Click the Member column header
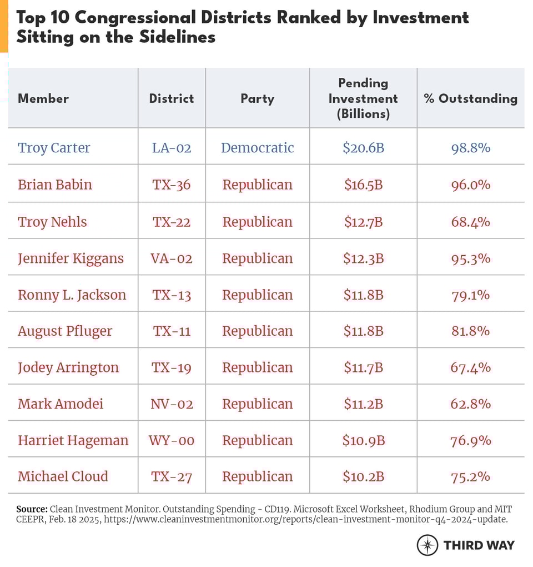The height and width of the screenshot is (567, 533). (43, 98)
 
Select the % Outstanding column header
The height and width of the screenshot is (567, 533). (470, 98)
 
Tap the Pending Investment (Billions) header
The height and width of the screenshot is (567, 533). (363, 98)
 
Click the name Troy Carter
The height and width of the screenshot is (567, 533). (54, 147)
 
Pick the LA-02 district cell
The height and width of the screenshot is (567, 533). (172, 147)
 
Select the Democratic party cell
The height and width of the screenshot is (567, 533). (257, 147)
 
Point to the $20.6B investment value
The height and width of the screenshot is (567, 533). (363, 147)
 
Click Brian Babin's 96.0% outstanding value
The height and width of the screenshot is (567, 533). (470, 185)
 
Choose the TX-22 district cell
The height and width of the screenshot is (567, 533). (172, 222)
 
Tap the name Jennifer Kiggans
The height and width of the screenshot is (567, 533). (71, 258)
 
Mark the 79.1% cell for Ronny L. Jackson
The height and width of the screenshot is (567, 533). (470, 295)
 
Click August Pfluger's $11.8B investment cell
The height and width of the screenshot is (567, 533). (363, 331)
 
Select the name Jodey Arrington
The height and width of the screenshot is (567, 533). (68, 367)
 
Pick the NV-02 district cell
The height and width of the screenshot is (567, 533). (172, 404)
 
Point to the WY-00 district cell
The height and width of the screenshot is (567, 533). (172, 440)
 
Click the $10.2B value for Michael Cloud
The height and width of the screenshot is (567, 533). (363, 476)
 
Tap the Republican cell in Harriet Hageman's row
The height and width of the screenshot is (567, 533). (257, 440)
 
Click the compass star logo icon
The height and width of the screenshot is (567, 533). (428, 545)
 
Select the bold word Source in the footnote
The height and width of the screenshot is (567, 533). (32, 509)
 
